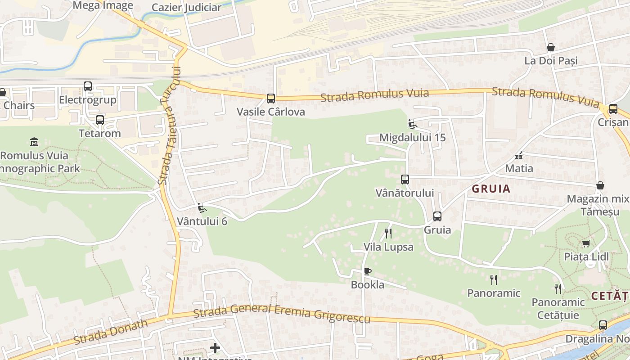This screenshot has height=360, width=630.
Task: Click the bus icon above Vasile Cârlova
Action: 270,98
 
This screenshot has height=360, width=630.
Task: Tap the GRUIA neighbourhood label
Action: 491,189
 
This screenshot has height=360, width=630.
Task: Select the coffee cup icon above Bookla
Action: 367,271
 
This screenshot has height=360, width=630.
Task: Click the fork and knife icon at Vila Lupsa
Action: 388,233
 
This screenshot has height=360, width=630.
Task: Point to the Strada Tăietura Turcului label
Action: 170,126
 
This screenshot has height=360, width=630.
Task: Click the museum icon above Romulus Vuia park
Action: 34,142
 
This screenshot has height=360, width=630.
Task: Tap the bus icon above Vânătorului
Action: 405,180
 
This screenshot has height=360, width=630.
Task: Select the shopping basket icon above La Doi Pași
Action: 550,47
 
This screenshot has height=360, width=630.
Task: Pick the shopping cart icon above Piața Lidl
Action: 586,243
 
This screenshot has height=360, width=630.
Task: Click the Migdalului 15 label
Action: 412,137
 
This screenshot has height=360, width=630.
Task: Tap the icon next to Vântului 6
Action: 202,208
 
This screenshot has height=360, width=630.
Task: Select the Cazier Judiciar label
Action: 186,8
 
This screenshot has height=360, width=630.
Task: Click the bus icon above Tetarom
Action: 99,120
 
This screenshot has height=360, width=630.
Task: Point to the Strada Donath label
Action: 110,331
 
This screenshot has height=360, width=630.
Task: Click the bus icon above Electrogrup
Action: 87,86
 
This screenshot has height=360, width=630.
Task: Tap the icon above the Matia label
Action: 519,156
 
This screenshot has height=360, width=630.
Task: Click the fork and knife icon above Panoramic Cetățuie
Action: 558,288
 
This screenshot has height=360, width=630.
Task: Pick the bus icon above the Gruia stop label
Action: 437,216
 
